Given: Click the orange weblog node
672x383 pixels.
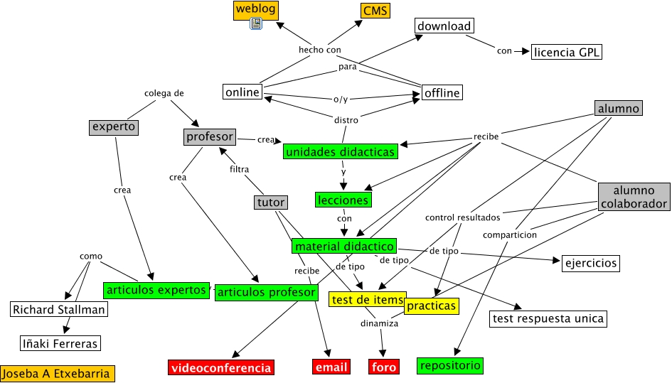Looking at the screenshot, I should [x=255, y=9].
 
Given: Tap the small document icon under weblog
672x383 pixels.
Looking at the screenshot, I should [x=257, y=24].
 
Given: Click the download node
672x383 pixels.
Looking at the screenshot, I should [x=444, y=26].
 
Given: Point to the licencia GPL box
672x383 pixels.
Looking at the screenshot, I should [x=567, y=52].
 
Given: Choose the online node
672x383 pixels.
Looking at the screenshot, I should [x=242, y=92].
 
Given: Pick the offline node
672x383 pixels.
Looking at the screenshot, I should [x=442, y=92].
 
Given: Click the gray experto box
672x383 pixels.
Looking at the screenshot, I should [x=113, y=127].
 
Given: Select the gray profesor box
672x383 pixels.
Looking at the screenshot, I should [x=209, y=136].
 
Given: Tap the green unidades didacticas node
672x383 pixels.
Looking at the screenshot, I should [x=339, y=151].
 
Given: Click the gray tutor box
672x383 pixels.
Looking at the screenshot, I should [x=271, y=203].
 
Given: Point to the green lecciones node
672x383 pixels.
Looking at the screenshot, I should [x=343, y=200].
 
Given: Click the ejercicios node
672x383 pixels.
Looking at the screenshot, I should [x=590, y=264].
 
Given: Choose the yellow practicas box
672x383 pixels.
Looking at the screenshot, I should [x=431, y=306].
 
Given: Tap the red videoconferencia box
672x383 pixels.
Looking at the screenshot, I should [x=221, y=367].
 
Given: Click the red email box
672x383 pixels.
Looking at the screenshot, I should [x=331, y=367].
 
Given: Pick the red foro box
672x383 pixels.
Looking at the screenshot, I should [x=383, y=367].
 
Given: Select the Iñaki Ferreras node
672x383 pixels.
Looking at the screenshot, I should [x=60, y=344].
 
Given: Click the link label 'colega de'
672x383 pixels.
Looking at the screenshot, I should [x=164, y=93].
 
